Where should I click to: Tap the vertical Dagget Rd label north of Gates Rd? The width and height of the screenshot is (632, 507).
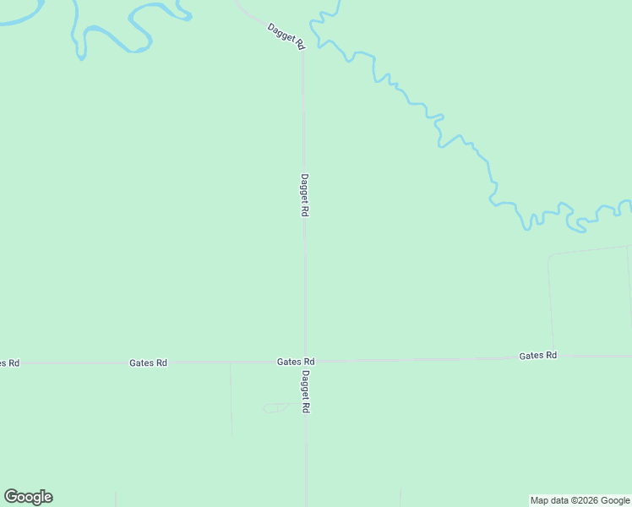304,195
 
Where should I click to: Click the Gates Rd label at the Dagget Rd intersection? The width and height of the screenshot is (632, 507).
296,362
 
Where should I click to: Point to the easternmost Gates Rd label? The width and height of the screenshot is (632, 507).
538,356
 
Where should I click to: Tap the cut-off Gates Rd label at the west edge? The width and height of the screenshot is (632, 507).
8,363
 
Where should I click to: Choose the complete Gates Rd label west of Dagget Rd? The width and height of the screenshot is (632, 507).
148,363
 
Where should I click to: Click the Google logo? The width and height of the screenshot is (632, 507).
29,497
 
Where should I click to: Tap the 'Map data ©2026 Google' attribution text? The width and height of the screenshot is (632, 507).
580,500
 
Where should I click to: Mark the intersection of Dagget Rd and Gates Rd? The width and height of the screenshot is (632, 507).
305,362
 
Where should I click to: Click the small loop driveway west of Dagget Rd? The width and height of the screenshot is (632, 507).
274,408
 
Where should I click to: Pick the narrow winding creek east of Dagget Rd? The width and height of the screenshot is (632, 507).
439,127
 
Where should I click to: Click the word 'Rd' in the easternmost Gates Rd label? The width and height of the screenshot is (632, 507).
551,356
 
